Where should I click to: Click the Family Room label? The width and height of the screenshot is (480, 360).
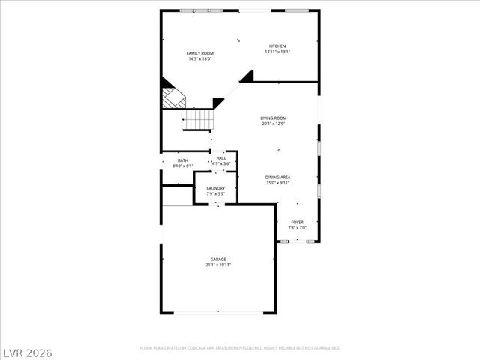tap(200, 53)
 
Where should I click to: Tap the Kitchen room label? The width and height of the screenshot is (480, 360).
tap(277, 46)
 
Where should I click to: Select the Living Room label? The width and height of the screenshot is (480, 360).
tap(274, 118)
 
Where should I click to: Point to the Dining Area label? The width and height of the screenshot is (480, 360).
tap(277, 177)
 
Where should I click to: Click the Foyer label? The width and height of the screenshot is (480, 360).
tap(297, 222)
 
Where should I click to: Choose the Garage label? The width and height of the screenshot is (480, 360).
tap(218, 259)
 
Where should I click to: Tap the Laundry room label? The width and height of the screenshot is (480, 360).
tap(215, 188)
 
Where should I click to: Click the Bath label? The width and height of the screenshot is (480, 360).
tap(183, 160)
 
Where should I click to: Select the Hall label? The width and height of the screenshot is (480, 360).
tap(221, 158)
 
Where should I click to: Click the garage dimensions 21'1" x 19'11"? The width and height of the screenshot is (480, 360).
tap(218, 265)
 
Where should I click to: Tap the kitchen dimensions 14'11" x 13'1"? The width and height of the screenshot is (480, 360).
tap(277, 52)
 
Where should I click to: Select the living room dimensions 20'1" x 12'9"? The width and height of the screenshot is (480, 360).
tap(274, 124)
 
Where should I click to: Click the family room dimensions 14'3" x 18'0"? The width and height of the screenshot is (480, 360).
tap(200, 59)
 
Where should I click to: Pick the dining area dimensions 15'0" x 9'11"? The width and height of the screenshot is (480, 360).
tap(277, 183)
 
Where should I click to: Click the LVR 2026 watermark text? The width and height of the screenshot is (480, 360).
tap(27, 351)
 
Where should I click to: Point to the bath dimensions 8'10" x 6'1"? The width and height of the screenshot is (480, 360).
tap(183, 166)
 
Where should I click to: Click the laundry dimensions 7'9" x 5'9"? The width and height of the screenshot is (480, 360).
tap(215, 194)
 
